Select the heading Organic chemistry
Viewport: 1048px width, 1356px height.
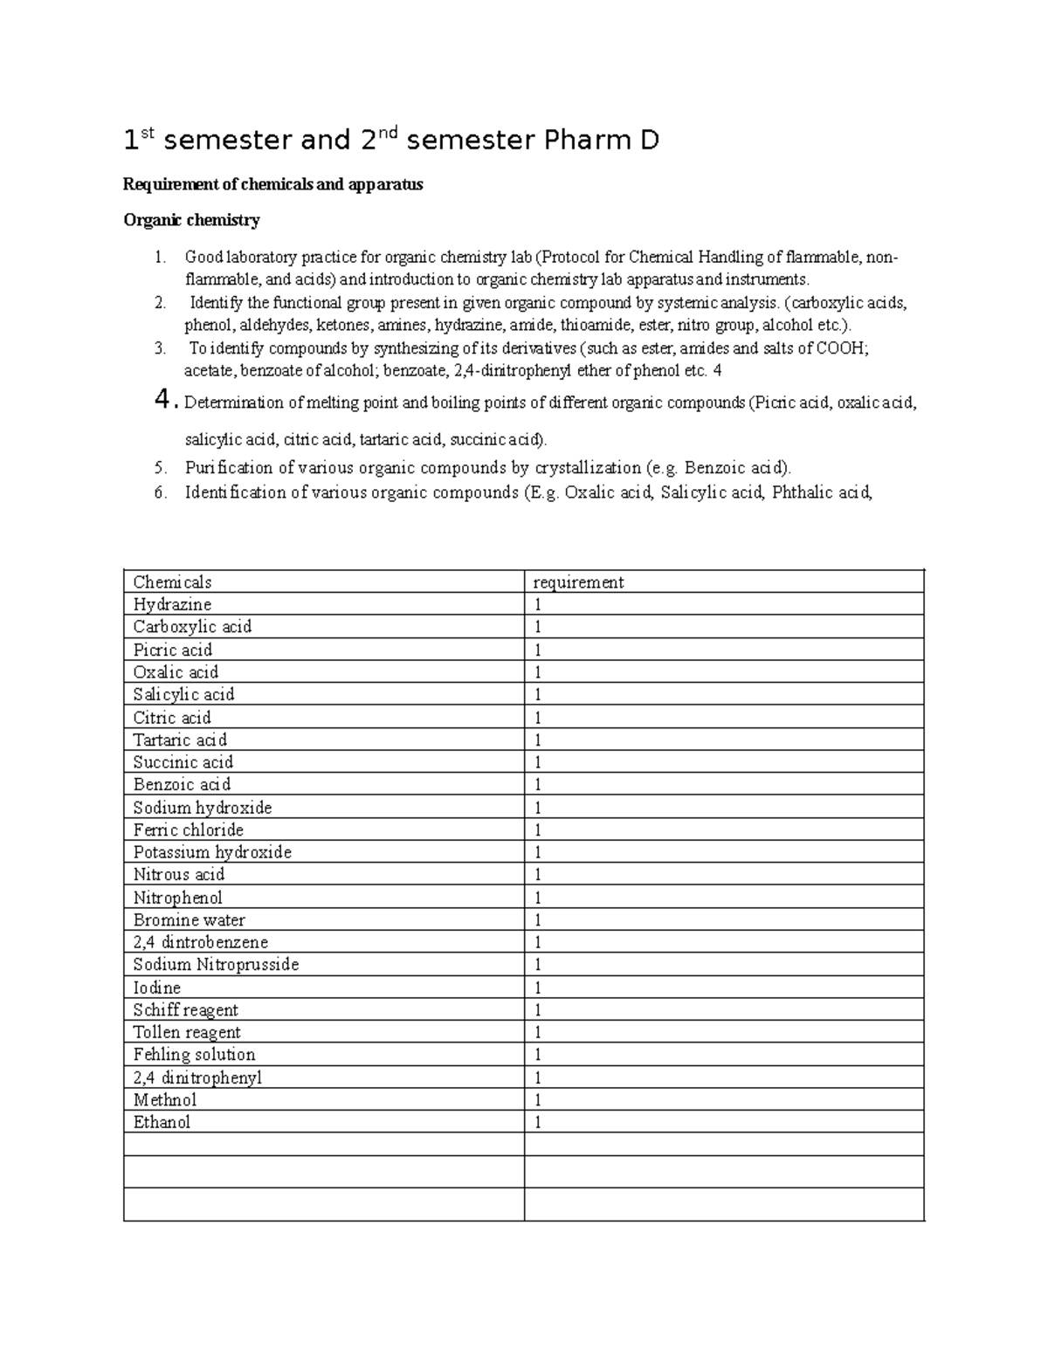coord(191,220)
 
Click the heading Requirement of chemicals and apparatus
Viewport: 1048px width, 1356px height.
coord(272,184)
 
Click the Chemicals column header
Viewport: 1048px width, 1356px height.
coord(172,582)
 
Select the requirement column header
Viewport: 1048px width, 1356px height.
coord(578,582)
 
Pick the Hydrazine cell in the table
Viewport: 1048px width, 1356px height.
coord(172,604)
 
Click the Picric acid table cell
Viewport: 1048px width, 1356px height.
coord(172,650)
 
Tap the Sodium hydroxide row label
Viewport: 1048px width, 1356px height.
coord(202,808)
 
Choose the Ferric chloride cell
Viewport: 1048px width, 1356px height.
coord(188,829)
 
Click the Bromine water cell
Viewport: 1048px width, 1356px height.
coord(189,919)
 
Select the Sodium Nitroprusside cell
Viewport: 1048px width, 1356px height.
coord(216,965)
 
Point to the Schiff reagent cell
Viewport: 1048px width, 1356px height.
coord(185,1010)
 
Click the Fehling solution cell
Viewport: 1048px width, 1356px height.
coord(194,1055)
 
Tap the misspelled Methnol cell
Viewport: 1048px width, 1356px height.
coord(164,1100)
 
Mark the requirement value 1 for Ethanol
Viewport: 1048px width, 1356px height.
coord(538,1123)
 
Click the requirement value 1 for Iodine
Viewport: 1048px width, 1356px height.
coord(538,988)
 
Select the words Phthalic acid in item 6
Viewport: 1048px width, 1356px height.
coord(822,492)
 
